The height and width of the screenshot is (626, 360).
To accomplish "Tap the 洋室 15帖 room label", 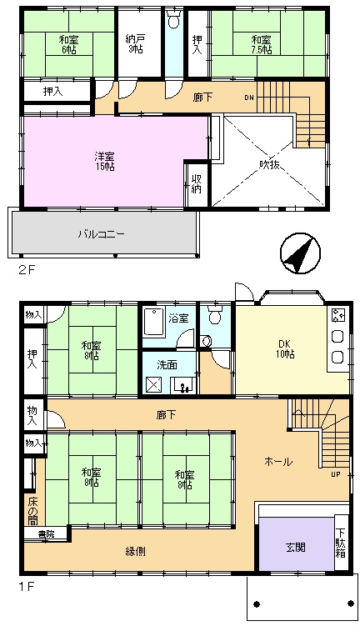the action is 104,161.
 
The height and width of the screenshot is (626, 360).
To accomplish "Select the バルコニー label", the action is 101,233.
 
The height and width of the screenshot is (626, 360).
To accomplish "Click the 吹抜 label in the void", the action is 269,163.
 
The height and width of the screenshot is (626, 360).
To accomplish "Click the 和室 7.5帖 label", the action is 262,45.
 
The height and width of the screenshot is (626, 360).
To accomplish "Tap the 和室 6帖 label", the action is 68,44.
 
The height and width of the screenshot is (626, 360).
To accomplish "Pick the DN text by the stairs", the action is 249,98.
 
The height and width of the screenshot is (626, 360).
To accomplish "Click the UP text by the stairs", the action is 336,474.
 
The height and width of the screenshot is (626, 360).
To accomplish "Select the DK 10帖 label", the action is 284,349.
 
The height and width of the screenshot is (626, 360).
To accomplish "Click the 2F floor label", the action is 27,269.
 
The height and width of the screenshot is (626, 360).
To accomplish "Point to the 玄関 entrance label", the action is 296,547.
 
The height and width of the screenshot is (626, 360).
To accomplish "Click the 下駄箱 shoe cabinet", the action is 341,543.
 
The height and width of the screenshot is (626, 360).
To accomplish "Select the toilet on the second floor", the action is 173,19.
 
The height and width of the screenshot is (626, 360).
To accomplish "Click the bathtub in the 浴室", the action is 152,322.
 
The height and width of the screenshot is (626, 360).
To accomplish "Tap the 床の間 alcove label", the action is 33,510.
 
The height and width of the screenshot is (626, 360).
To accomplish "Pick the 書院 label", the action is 47,533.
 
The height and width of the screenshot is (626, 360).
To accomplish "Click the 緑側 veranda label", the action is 135,552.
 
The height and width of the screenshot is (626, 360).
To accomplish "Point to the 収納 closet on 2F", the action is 196,183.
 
